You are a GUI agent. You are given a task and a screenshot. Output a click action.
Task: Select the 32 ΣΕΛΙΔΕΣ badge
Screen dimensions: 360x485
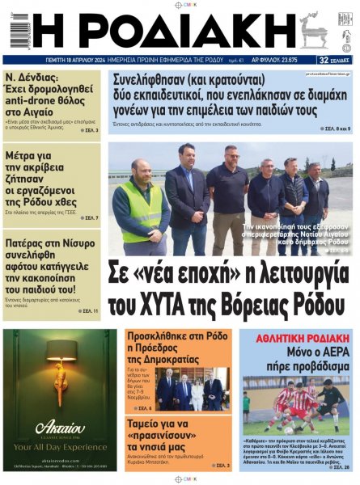point(334,60)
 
